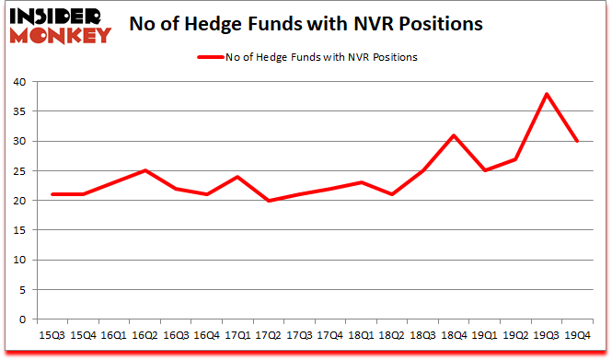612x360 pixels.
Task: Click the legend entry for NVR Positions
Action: point(306,56)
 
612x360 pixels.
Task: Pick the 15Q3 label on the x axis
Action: point(52,335)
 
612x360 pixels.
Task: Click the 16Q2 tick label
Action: point(144,335)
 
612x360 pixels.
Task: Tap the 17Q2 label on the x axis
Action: point(269,335)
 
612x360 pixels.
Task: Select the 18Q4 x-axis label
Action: point(455,335)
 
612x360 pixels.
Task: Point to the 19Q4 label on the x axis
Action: point(579,335)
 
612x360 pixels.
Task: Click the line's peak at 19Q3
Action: point(548,94)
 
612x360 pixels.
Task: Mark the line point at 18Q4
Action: point(455,135)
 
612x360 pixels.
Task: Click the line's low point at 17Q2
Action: point(269,201)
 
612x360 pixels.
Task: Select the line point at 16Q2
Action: point(144,170)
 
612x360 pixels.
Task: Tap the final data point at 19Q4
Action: point(579,141)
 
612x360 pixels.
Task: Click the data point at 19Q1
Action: point(486,170)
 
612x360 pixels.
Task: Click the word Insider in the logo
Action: point(57,16)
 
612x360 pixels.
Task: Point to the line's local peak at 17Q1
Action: point(237,177)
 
